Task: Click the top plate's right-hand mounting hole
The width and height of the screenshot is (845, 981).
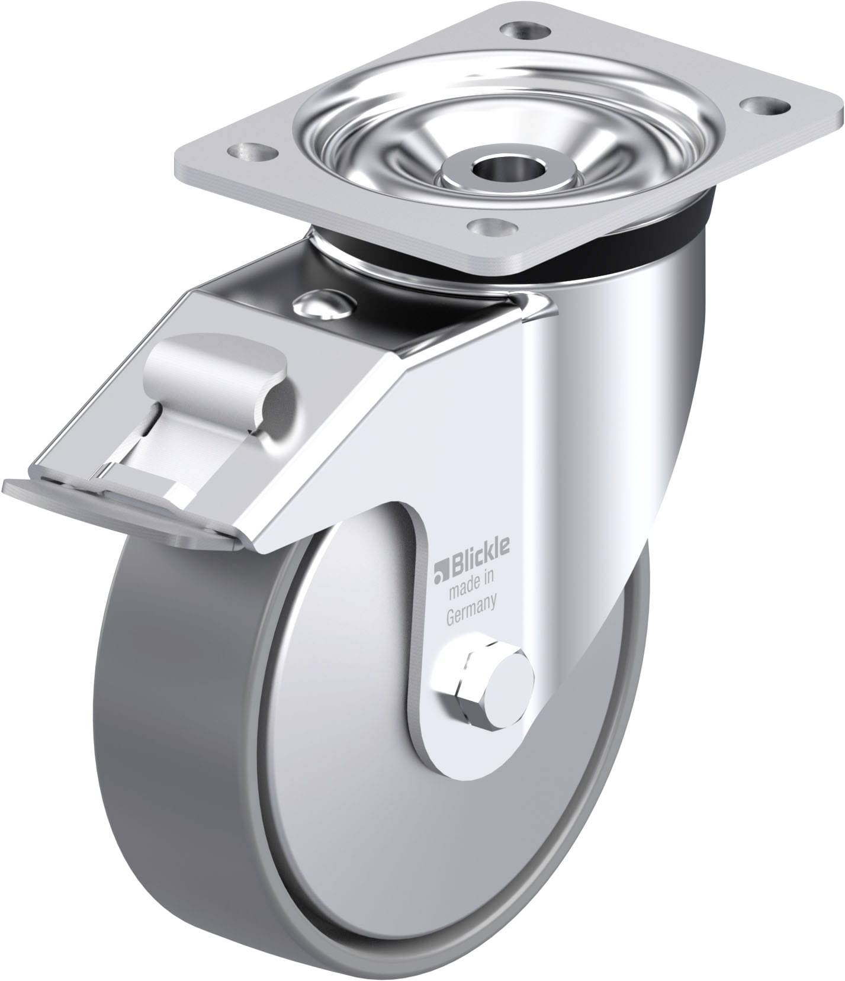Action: [x=764, y=106]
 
